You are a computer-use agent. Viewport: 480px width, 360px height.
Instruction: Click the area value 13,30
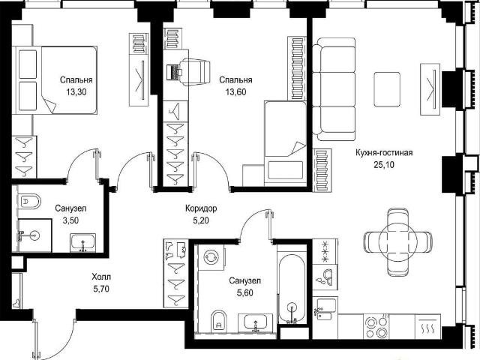coord(76,91)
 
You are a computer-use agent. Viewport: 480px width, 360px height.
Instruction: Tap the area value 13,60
coord(235,91)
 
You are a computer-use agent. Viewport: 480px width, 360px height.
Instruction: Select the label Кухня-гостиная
coord(384,152)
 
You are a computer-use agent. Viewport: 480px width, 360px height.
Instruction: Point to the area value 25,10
coord(384,165)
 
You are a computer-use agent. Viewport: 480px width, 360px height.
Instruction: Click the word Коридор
coord(201,208)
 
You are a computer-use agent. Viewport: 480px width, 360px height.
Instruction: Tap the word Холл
coord(101,277)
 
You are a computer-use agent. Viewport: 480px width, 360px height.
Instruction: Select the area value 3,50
coord(70,220)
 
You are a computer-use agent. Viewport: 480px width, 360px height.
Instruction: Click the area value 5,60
coord(245,293)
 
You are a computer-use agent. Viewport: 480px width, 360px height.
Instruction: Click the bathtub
coord(292,288)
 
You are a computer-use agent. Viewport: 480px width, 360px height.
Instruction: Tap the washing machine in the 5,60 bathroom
coord(211,257)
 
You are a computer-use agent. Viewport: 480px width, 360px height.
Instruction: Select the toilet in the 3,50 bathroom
coord(29,202)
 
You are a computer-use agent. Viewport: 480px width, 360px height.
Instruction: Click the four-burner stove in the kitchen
coord(376,327)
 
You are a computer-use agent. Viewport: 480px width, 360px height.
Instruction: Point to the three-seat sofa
coord(334,89)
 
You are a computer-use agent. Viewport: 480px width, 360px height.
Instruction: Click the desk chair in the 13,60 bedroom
coord(195,72)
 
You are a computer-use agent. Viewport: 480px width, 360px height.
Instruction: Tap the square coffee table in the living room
coord(387,89)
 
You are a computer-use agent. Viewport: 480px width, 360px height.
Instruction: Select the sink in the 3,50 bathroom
coord(82,243)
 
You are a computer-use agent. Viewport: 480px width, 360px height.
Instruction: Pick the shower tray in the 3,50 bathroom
coord(34,235)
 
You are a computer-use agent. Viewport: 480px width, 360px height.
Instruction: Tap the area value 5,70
coord(101,289)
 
